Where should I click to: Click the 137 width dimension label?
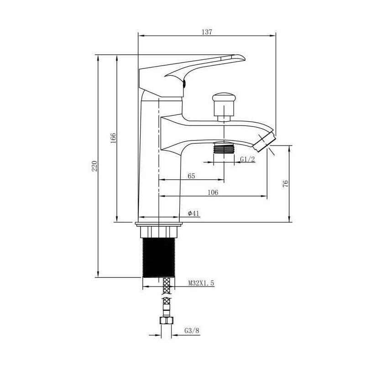tap(207, 32)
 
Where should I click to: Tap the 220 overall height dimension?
tap(94, 166)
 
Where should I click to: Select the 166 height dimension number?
tap(113, 138)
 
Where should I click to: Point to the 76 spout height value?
tap(286, 184)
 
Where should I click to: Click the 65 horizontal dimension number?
tap(191, 176)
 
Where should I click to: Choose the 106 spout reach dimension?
tap(213, 192)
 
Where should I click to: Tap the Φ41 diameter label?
tap(193, 213)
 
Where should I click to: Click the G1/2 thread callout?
tap(247, 159)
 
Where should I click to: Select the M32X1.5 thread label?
tap(201, 283)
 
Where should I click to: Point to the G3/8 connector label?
tap(192, 330)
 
